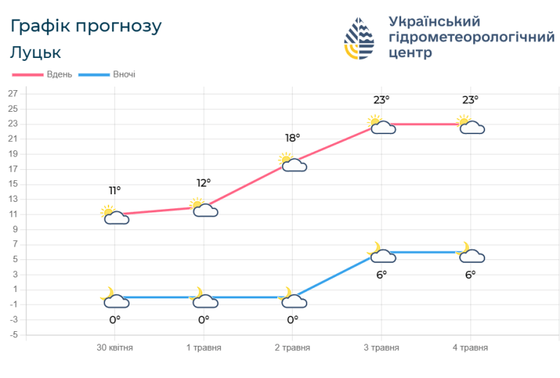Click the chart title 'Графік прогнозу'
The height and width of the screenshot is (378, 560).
[86, 27]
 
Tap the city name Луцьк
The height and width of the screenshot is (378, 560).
[36, 52]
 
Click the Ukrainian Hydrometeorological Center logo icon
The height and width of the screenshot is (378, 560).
[360, 39]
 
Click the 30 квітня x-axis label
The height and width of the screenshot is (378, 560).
[114, 347]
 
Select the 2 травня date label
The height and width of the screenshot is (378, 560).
[293, 347]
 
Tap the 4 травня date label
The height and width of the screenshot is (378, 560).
[470, 347]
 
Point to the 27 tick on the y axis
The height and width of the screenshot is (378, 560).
[13, 94]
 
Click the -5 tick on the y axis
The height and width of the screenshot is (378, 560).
[13, 335]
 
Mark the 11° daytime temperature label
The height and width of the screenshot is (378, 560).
[115, 190]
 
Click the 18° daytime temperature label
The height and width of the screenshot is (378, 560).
[293, 138]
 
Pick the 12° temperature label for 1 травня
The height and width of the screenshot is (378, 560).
[204, 183]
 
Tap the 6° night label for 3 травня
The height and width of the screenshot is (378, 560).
[381, 275]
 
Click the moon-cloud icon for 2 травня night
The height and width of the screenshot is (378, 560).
[293, 298]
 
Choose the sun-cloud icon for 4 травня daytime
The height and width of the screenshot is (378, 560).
[470, 125]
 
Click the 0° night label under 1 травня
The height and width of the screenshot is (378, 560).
[204, 319]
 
